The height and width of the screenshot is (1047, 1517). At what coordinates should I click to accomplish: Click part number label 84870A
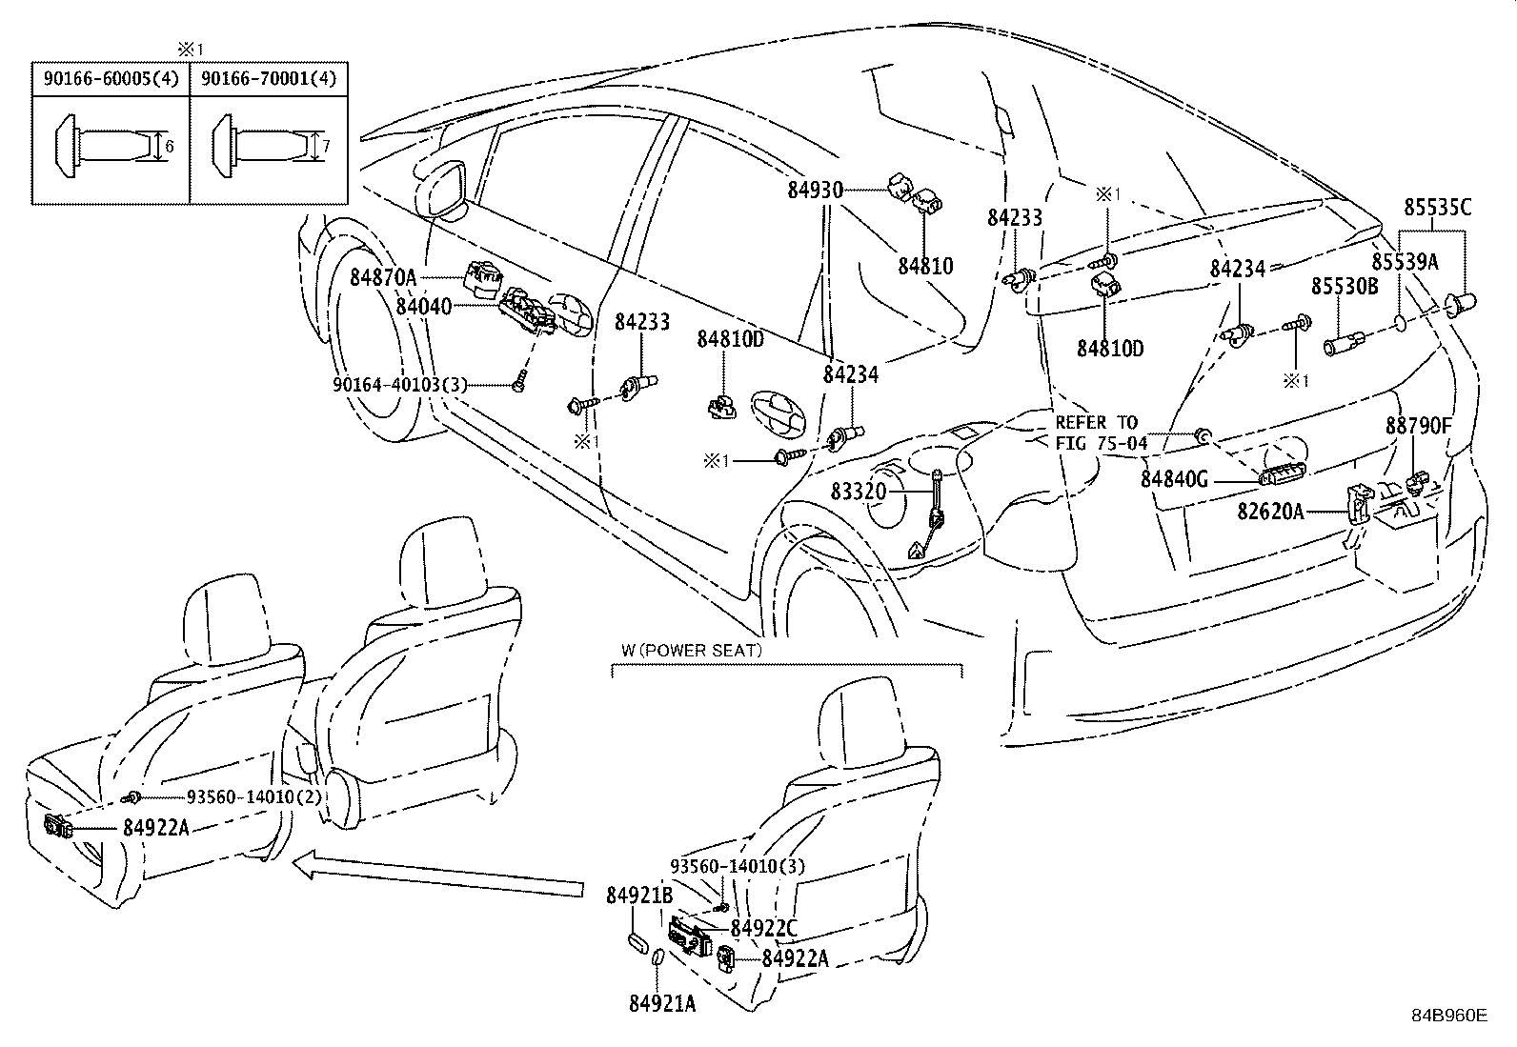[x=383, y=277]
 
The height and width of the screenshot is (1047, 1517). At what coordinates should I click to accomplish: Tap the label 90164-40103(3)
[x=400, y=384]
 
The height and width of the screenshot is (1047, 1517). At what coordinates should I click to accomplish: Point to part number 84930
[x=815, y=190]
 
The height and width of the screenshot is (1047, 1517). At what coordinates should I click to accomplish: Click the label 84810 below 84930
[x=924, y=266]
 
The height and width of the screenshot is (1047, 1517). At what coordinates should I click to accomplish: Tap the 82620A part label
[x=1270, y=512]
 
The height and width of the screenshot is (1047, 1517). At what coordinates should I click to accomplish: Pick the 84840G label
[x=1174, y=480]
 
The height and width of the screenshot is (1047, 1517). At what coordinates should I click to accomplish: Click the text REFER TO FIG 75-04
[x=1096, y=433]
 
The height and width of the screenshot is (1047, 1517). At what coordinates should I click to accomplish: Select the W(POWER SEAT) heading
[x=692, y=651]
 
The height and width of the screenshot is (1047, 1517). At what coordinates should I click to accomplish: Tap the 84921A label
[x=662, y=1003]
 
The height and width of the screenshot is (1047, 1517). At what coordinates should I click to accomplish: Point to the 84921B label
[x=639, y=896]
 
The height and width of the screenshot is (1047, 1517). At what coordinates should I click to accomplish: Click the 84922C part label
[x=763, y=927]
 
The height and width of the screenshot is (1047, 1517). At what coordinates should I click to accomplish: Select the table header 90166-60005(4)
[x=111, y=78]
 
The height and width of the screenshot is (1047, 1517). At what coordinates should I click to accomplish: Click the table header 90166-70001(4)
[x=269, y=78]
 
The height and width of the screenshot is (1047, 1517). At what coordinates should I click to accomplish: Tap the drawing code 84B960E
[x=1448, y=1016]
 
